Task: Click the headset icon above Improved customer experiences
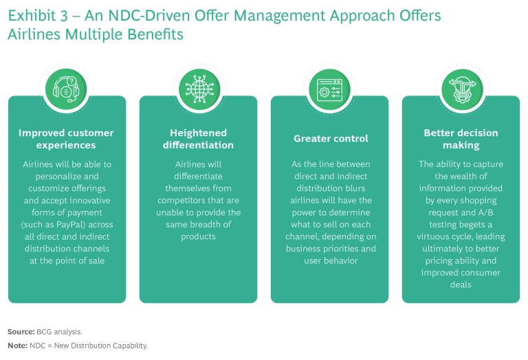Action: (67, 90)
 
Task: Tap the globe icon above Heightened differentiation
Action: (198, 90)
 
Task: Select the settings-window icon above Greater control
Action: (329, 90)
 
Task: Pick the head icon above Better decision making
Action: (461, 90)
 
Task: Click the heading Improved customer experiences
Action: (67, 139)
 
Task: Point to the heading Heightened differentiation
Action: (198, 139)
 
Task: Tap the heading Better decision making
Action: (461, 139)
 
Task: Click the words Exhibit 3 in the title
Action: (34, 16)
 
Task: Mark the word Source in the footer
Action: (21, 332)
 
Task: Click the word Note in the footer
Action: (17, 346)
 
